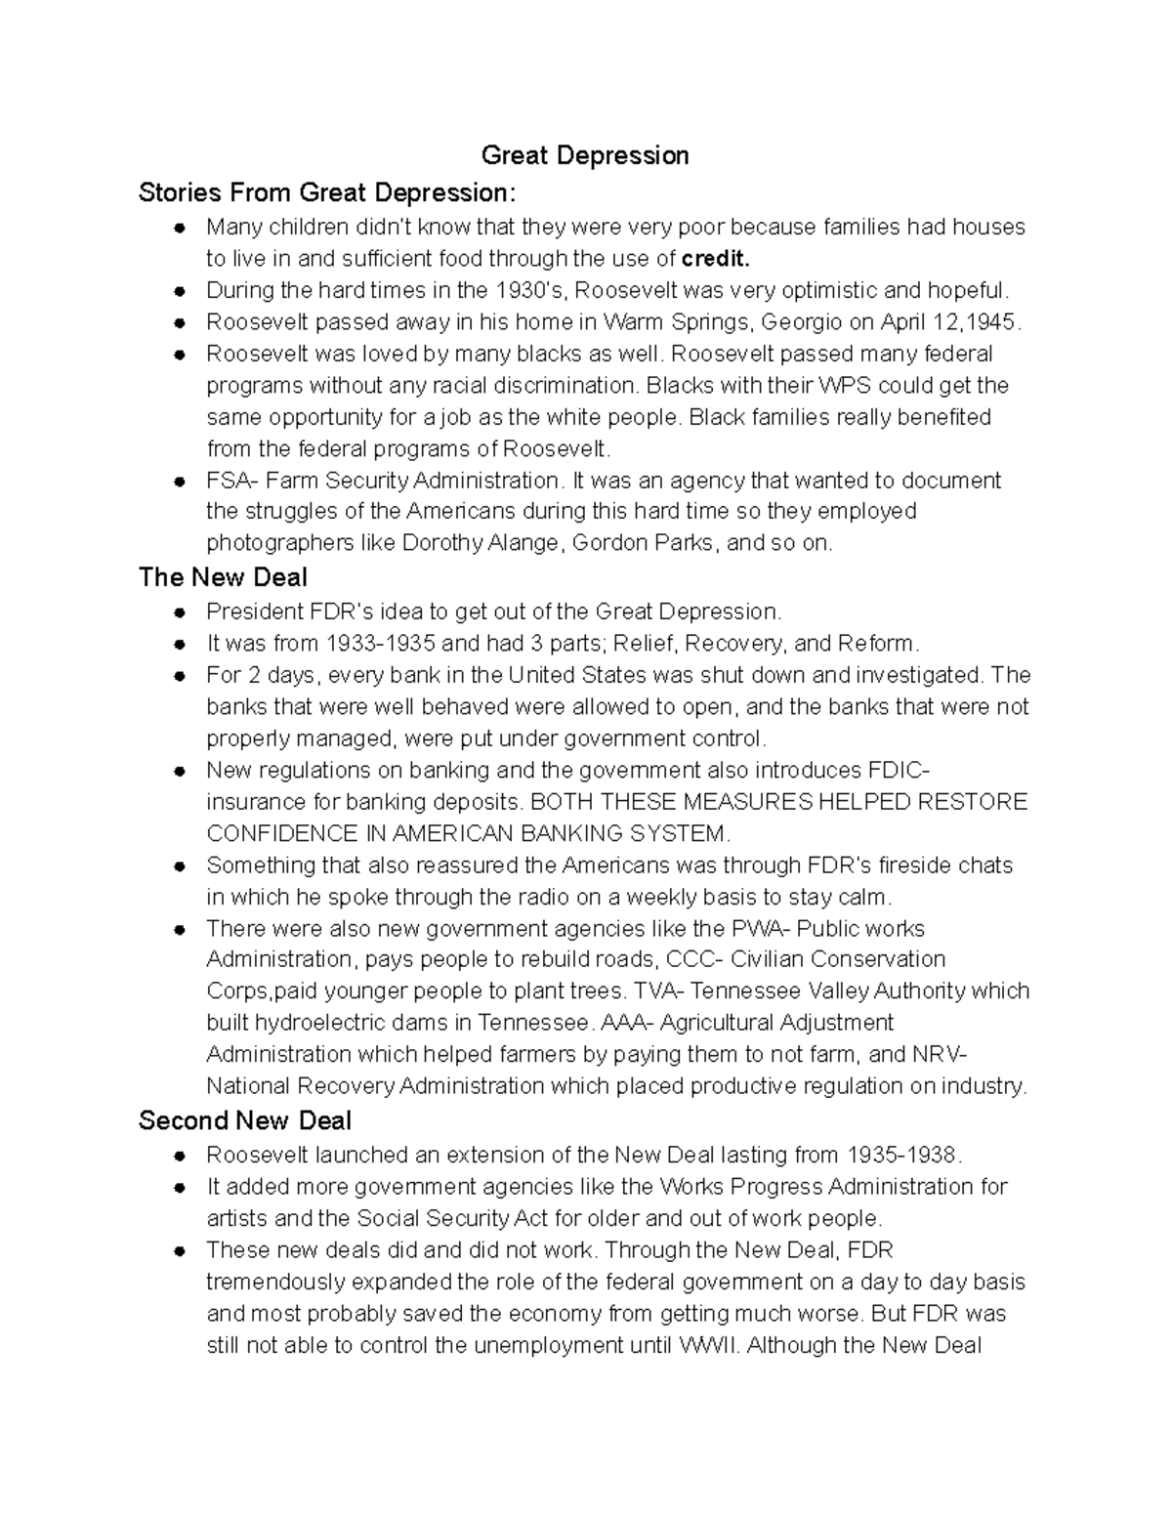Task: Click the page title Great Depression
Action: pos(585,155)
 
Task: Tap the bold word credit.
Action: pos(717,259)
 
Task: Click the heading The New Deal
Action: pos(223,577)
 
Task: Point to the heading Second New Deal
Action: pos(244,1120)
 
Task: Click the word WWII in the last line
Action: pos(710,1346)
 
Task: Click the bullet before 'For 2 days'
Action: pos(180,676)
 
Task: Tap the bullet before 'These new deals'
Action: pos(180,1251)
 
